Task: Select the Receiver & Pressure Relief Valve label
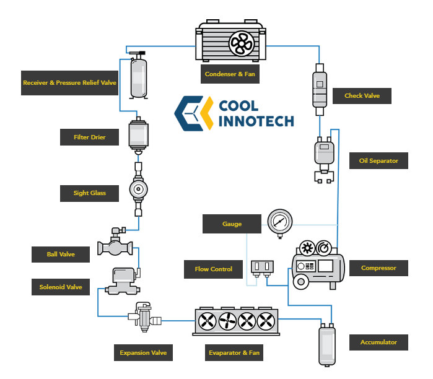pos(70,82)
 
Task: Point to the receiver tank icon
pos(138,76)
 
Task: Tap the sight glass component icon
pos(138,188)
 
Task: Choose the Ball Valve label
pos(60,254)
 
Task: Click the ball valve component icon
pos(115,245)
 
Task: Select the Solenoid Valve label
pos(60,287)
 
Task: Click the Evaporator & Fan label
pos(233,353)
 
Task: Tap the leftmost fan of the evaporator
pos(207,321)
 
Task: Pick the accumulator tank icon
pos(326,346)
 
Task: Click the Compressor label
pos(378,268)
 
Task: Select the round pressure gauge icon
pos(280,222)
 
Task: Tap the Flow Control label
pos(213,269)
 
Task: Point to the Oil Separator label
pos(378,161)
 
